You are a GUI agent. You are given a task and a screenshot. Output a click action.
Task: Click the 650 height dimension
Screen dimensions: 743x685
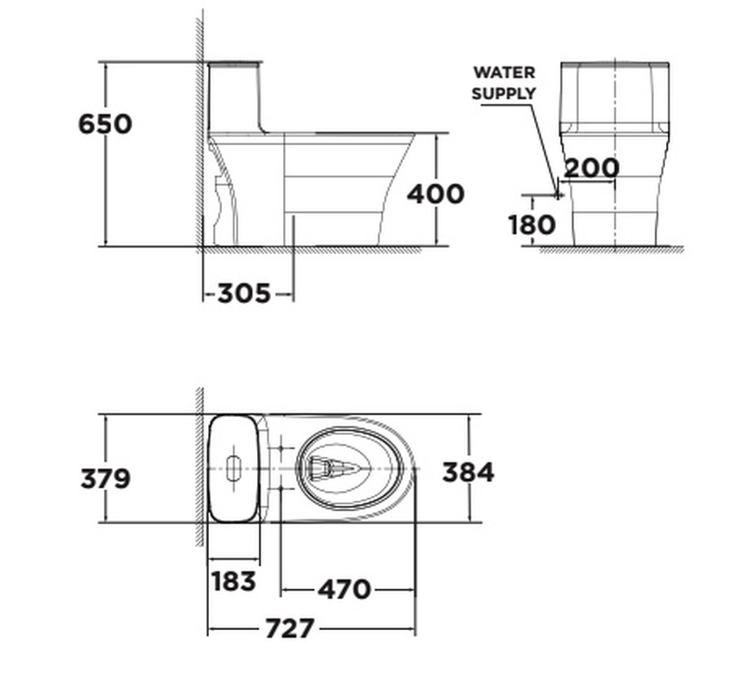tap(105, 124)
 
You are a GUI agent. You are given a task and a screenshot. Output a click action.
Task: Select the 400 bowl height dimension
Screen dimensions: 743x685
tap(435, 194)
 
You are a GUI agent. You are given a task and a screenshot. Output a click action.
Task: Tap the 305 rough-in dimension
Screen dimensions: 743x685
tap(244, 294)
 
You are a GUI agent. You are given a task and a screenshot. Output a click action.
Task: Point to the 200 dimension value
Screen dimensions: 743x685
tap(592, 168)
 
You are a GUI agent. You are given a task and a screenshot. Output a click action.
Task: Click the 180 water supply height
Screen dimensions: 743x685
tap(531, 225)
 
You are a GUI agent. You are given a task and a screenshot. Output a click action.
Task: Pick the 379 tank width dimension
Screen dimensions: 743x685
tap(105, 479)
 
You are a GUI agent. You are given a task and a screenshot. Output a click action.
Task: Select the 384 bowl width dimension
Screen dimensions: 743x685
tap(468, 473)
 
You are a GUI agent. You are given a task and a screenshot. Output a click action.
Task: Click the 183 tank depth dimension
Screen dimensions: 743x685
tap(233, 581)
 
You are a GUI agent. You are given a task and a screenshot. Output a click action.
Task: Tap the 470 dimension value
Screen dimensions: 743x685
tap(344, 590)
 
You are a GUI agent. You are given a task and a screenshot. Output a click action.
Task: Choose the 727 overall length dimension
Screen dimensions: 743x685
tap(289, 628)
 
